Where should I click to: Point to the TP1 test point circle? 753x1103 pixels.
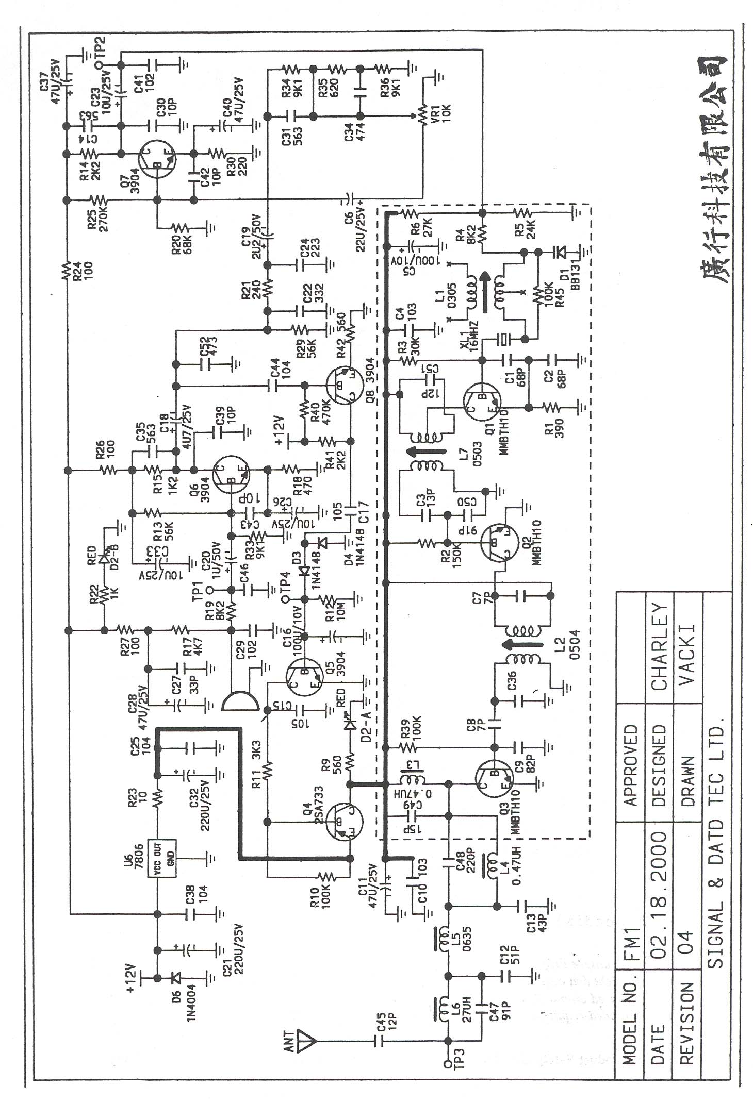[210, 589]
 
